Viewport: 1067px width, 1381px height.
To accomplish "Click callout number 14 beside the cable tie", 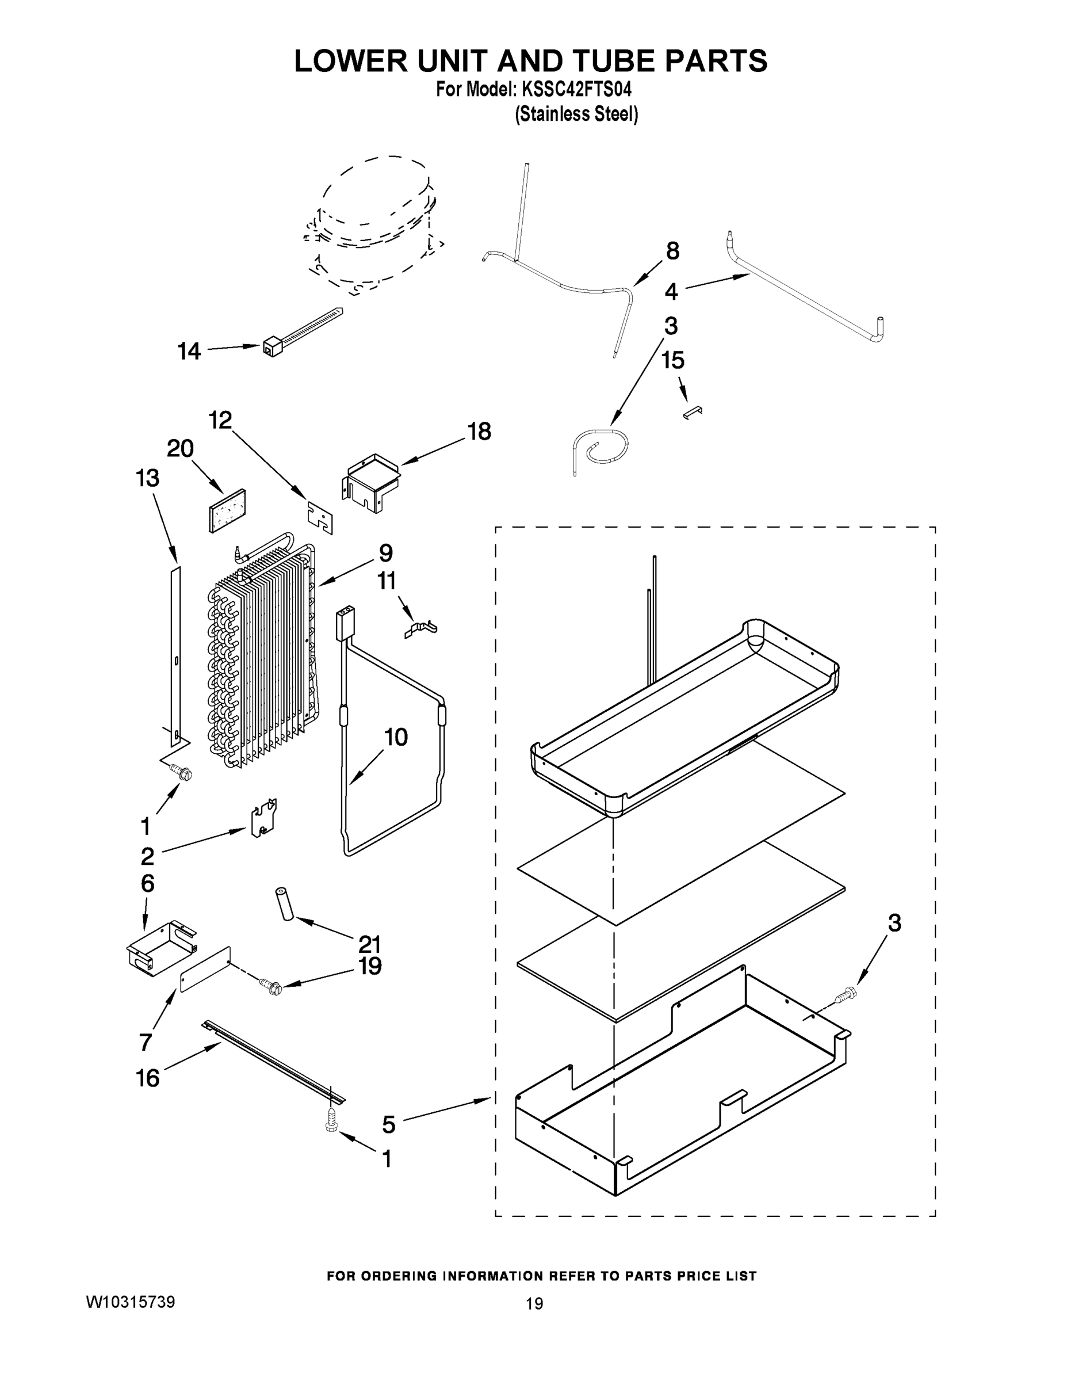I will [x=189, y=351].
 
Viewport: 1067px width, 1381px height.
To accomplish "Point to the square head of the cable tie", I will [x=270, y=346].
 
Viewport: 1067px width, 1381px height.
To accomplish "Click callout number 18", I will [x=479, y=432].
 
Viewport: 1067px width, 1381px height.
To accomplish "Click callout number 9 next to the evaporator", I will [x=385, y=554].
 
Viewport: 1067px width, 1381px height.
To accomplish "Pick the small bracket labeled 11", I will [x=420, y=628].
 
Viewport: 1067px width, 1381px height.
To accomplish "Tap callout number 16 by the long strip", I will [x=148, y=1078].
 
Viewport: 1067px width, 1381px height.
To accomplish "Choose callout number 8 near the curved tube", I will [x=672, y=251].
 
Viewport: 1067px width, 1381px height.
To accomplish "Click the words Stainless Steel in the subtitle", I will [x=576, y=115].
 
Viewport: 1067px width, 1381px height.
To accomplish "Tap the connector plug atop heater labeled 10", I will [x=346, y=619].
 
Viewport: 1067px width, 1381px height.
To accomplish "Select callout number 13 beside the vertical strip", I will [x=147, y=478].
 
